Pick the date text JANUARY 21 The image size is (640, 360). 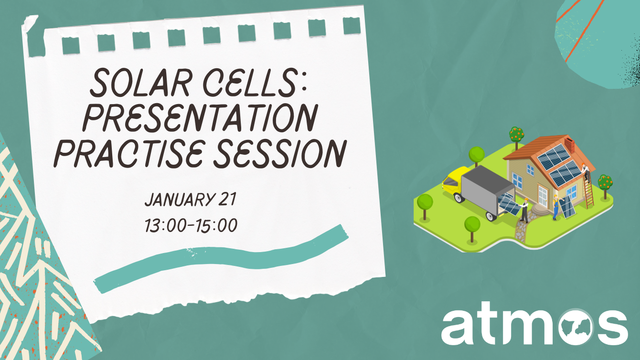click(x=190, y=200)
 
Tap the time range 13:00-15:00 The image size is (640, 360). click(x=191, y=225)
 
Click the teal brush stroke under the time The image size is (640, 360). click(x=220, y=258)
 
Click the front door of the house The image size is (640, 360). click(x=542, y=196)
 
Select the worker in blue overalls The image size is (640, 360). click(x=555, y=208)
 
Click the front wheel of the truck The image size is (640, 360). click(x=491, y=216)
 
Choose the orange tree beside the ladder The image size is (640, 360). click(x=605, y=184)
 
